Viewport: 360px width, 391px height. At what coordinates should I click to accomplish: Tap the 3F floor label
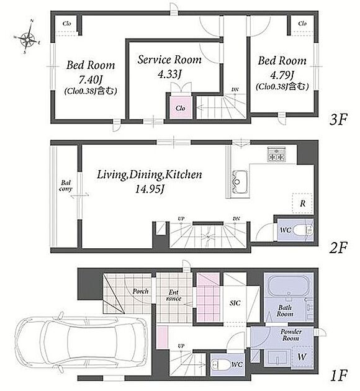coord(338,120)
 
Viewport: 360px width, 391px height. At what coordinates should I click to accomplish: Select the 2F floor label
coord(338,248)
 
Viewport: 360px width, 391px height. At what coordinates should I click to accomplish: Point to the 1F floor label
coord(338,376)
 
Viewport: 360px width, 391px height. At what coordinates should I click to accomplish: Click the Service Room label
coord(169,60)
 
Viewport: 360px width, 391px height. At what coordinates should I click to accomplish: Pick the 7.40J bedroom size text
coord(91,80)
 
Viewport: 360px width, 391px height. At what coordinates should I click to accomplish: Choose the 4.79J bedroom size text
coord(282,75)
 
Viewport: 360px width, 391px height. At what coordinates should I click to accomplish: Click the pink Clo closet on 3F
coord(180,107)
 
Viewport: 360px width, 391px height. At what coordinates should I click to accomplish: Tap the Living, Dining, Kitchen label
coord(149,174)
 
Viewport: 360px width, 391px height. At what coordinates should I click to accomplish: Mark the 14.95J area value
coord(149,189)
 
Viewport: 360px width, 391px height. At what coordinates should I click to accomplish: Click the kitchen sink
coord(240,182)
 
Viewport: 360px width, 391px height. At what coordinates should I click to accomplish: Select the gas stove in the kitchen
coord(277,154)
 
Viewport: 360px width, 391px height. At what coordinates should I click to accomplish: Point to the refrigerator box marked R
coord(303,203)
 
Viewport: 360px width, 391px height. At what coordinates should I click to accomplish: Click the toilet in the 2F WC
coord(302,230)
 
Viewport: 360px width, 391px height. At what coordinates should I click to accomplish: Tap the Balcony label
coord(66,186)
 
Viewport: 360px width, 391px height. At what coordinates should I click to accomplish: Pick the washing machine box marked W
coord(302,357)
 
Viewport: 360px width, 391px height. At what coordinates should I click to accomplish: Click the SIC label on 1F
coord(235,303)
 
